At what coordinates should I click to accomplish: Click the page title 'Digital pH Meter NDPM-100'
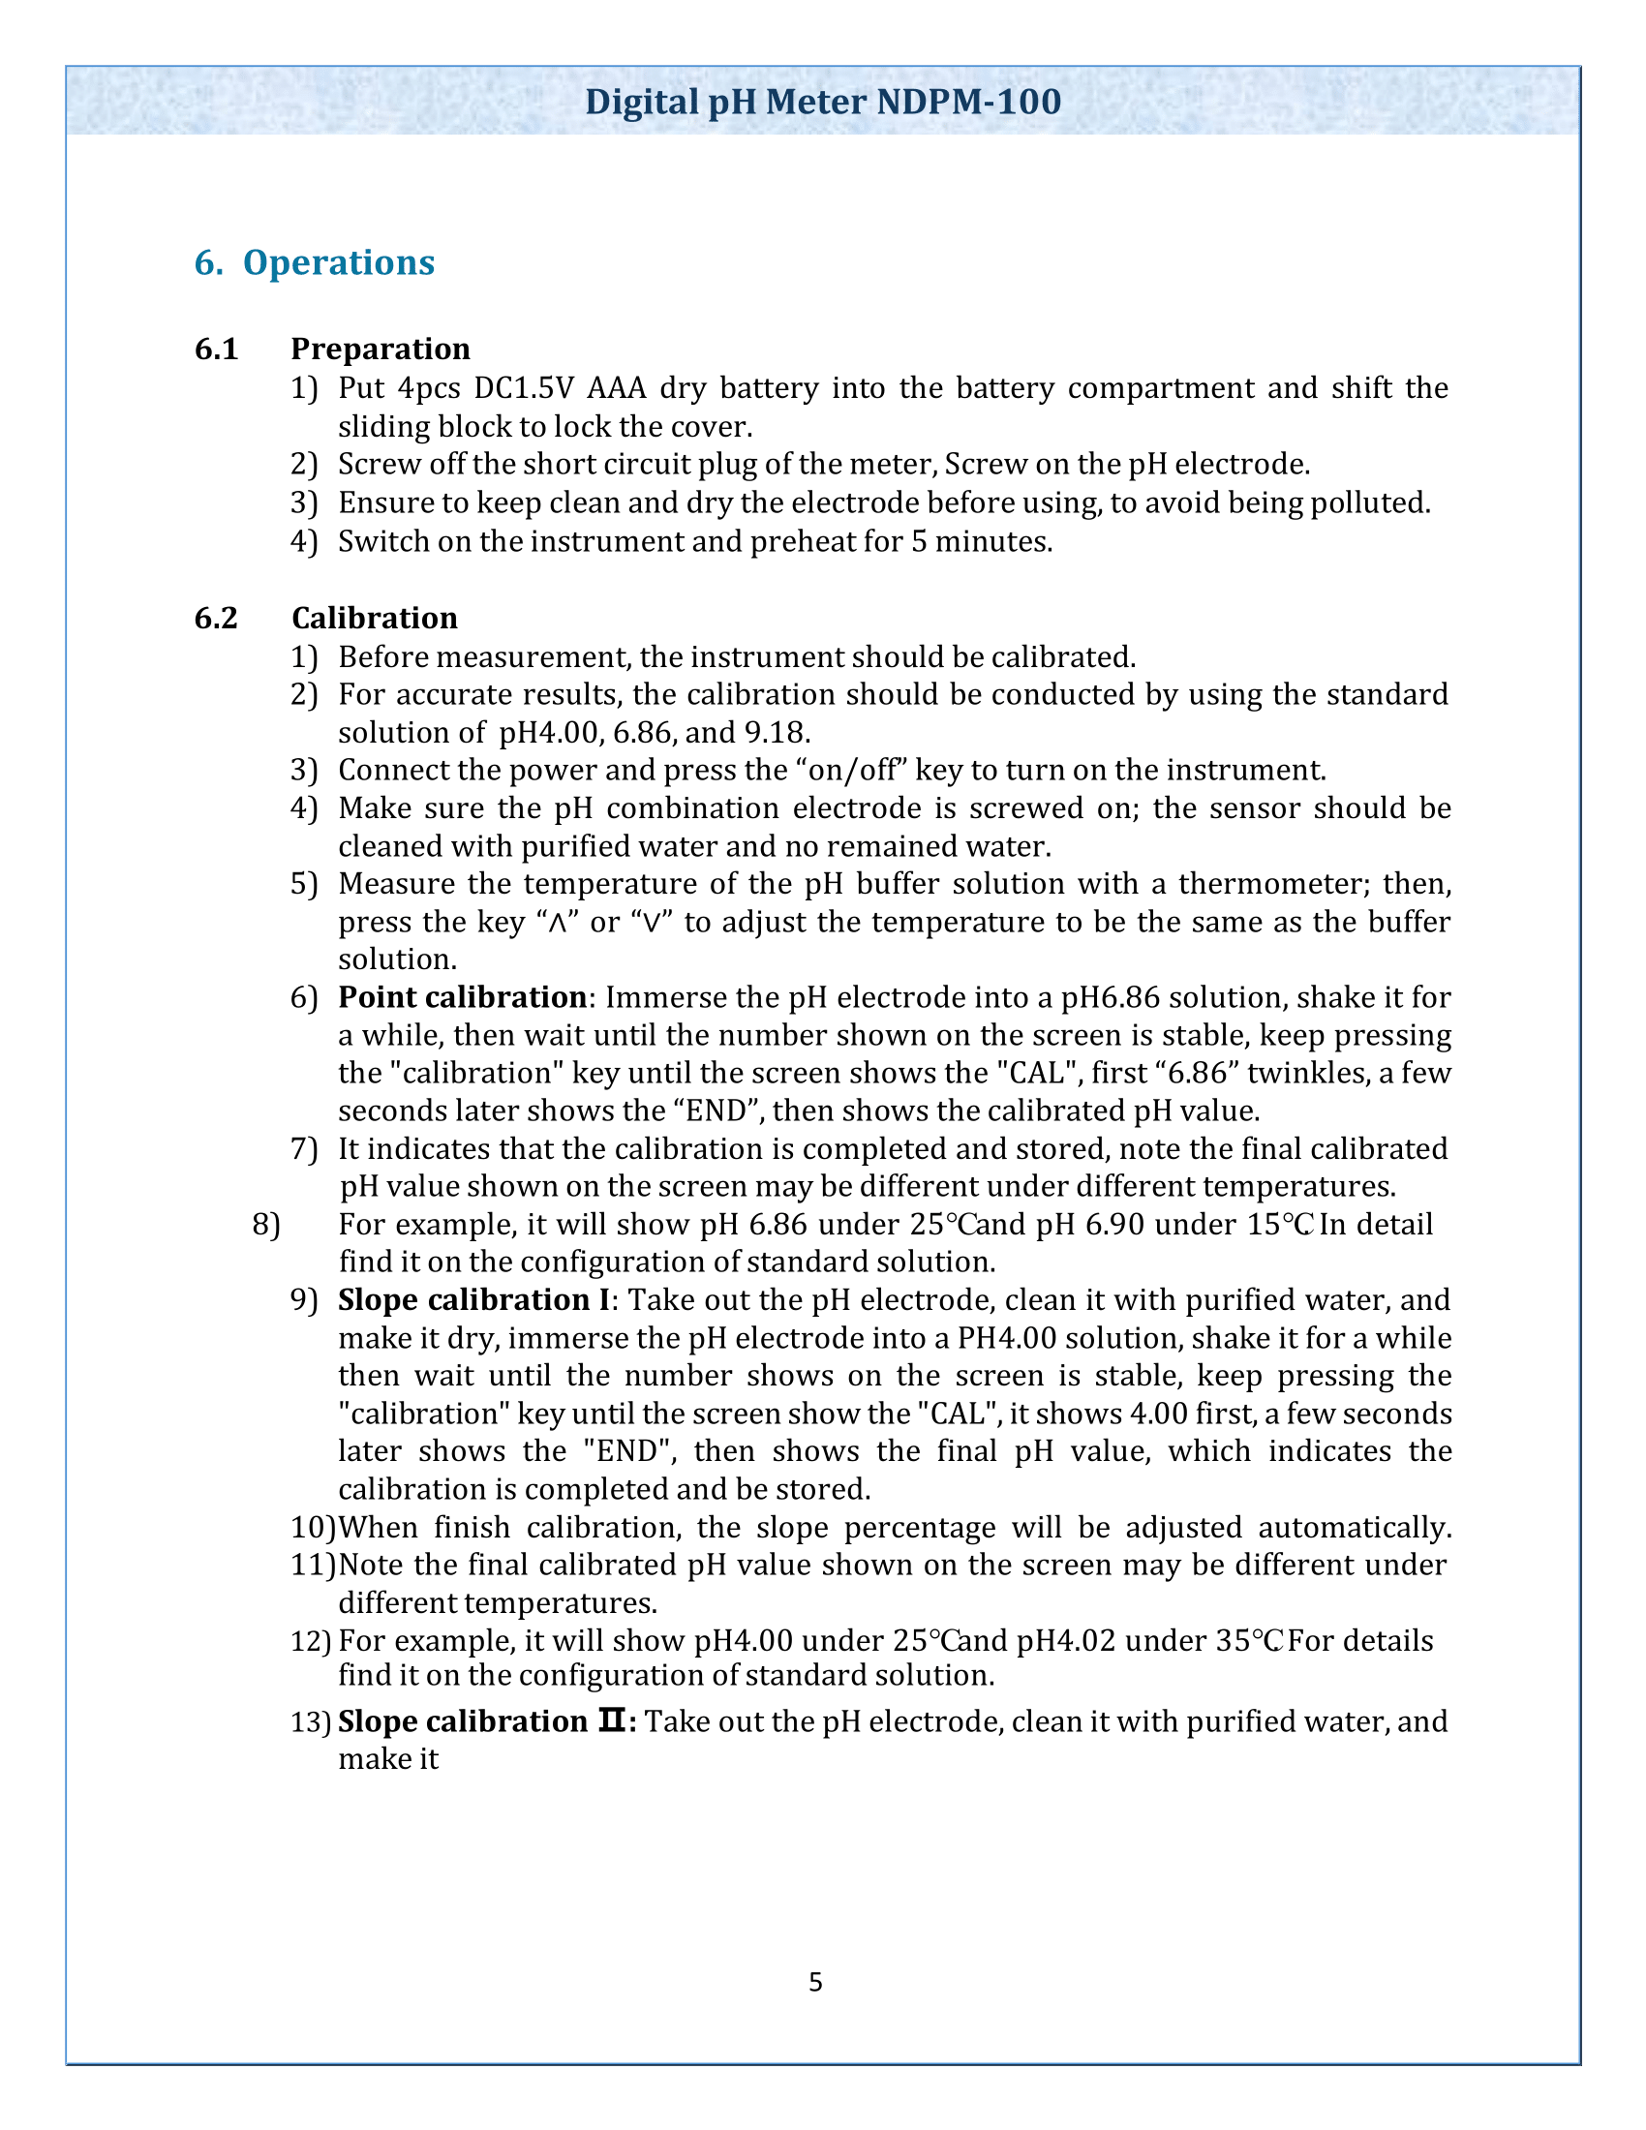point(822,103)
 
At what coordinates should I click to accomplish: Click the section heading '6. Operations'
point(314,262)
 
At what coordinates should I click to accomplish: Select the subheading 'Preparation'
point(381,349)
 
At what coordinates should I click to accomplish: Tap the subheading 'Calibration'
point(375,618)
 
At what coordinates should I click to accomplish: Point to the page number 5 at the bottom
point(815,1982)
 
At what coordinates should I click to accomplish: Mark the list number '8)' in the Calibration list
point(266,1224)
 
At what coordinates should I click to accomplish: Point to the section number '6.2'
point(217,618)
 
